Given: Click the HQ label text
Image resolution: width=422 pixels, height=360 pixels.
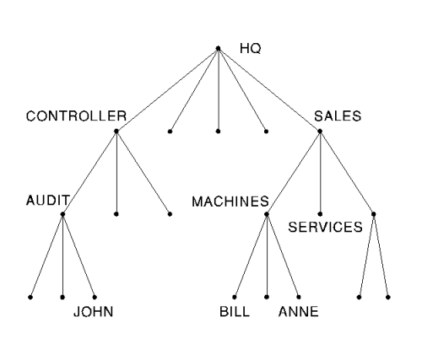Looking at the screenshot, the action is point(251,49).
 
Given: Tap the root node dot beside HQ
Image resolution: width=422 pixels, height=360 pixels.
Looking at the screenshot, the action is point(218,49).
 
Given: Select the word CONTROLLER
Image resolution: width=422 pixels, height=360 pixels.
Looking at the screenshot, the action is point(76,116).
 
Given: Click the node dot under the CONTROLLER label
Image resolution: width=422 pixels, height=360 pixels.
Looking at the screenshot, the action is point(116,131).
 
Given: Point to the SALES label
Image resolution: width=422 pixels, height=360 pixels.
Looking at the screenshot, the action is point(338,116).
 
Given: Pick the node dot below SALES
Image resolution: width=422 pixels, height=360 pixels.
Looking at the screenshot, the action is point(320,131).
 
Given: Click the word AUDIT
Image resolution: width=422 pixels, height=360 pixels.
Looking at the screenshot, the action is point(47,201).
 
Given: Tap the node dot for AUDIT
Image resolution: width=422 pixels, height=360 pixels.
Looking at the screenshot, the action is point(62,214).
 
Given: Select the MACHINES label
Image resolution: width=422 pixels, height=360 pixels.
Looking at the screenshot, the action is point(230,201).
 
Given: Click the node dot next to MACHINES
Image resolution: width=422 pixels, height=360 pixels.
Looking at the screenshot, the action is point(267,214).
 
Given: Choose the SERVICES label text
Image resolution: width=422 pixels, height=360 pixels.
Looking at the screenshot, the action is point(325,227).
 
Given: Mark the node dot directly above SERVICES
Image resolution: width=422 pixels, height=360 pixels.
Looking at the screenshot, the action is point(320,214).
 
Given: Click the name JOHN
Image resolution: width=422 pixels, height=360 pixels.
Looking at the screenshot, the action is point(94,312).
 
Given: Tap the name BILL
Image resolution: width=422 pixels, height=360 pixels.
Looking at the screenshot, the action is point(235,312).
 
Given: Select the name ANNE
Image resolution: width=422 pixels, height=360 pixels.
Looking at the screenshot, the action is point(299,312).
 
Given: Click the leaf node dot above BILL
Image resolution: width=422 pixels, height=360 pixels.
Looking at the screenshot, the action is point(235,297).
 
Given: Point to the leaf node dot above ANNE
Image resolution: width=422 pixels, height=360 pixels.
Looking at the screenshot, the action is point(299,297).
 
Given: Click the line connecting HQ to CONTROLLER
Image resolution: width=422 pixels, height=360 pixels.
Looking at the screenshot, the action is point(167,90).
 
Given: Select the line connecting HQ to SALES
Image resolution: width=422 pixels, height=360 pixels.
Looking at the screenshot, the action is point(269,90).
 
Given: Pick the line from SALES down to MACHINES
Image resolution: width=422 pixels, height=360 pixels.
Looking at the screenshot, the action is point(293,173).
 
